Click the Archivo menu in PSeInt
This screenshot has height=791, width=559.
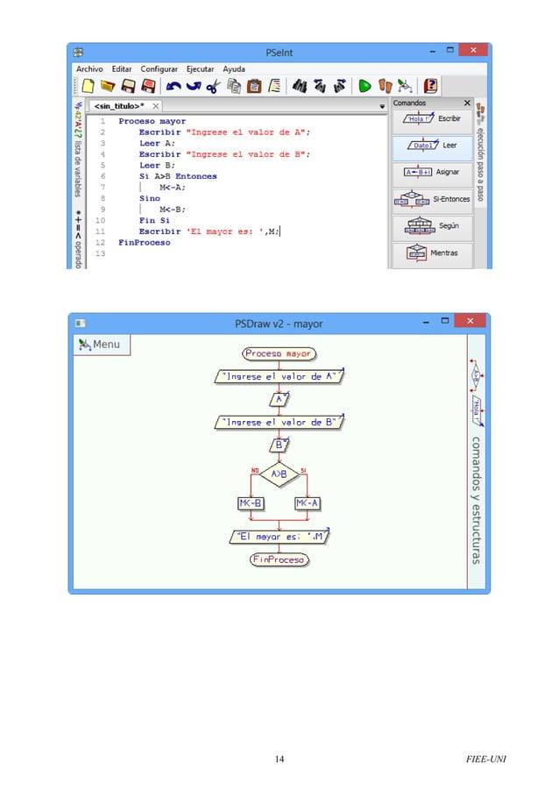click(89, 68)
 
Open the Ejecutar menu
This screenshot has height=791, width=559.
click(201, 68)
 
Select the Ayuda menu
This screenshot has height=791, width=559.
click(234, 68)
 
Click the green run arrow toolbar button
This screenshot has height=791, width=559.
click(364, 86)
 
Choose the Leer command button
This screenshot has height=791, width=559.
click(431, 146)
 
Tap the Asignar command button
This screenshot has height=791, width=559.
click(431, 173)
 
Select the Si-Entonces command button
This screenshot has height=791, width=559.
click(431, 200)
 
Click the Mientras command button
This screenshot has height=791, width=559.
click(431, 253)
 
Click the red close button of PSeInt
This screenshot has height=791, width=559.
click(473, 52)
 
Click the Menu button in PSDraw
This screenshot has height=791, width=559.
click(101, 345)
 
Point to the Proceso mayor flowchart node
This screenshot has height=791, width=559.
click(279, 354)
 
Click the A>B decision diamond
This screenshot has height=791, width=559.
click(279, 474)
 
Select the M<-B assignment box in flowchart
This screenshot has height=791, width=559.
click(251, 503)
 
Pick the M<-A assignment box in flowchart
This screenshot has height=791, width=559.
click(308, 503)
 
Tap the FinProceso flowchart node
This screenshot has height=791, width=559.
click(279, 559)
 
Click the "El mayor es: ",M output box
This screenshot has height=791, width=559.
click(279, 536)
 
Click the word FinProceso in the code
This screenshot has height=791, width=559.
click(145, 242)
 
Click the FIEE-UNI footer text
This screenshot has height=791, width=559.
click(487, 758)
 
